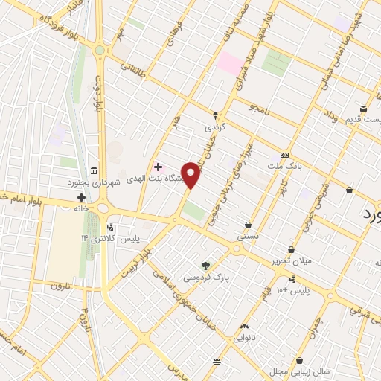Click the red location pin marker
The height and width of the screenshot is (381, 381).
(x=191, y=176)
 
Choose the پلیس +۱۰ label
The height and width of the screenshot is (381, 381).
(x=295, y=289)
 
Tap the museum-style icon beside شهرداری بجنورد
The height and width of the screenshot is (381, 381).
(x=92, y=171)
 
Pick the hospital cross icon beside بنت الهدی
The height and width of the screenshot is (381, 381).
(x=158, y=166)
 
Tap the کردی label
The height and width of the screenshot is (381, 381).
(x=215, y=127)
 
